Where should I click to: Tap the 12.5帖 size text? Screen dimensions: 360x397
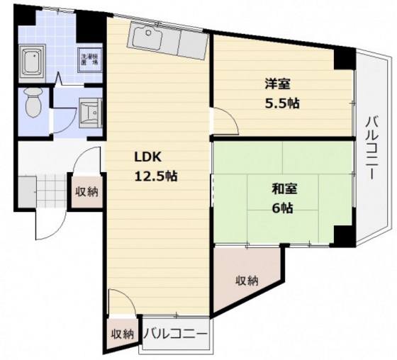point(152,177)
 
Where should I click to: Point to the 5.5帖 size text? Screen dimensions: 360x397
point(281,103)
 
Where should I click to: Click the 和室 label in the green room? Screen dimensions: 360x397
point(283,190)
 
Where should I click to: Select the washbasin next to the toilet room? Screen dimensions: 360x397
point(88,112)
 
